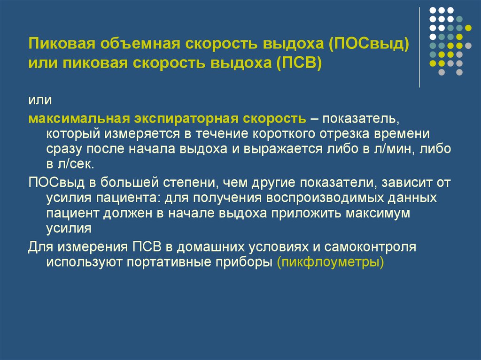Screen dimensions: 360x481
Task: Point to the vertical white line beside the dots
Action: point(419,47)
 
